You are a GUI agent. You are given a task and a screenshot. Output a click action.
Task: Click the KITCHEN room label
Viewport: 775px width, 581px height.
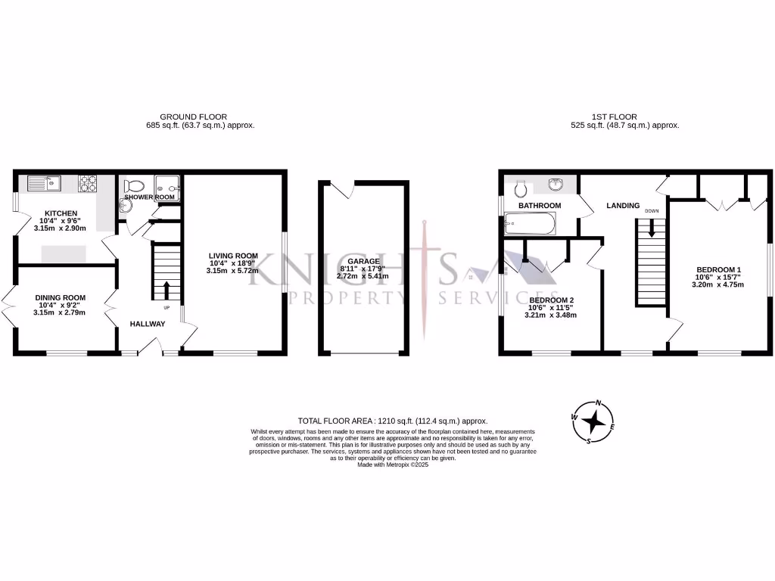tap(57, 213)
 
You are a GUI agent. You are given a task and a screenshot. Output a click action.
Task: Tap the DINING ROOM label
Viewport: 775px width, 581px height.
tap(59, 297)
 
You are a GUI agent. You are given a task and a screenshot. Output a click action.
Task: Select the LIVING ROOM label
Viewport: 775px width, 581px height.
tap(234, 256)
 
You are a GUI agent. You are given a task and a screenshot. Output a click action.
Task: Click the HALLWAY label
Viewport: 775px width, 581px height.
tap(147, 324)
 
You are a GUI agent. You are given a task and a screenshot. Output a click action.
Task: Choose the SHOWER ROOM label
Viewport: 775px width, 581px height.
tap(150, 197)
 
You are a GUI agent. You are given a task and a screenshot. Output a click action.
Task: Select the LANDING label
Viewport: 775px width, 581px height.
tap(623, 206)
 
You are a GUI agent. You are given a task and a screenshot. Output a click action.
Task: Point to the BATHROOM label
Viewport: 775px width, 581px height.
tap(539, 206)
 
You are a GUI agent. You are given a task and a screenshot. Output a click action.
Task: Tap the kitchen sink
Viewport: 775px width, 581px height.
tap(44, 182)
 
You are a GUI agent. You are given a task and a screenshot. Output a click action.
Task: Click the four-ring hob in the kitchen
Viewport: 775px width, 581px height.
tap(88, 182)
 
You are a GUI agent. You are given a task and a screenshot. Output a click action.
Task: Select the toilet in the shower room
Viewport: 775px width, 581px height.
tap(135, 185)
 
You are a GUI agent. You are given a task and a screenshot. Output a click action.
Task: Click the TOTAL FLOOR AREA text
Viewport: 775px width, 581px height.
tap(392, 421)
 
